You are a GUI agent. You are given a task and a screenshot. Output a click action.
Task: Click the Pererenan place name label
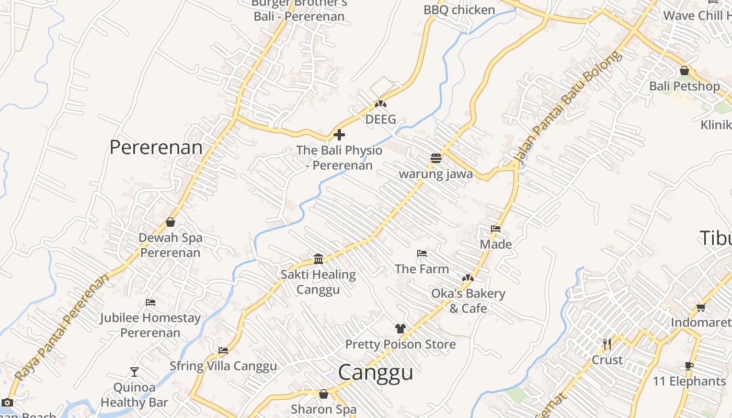[x=156, y=148]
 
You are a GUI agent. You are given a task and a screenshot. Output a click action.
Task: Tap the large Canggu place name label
[x=375, y=373]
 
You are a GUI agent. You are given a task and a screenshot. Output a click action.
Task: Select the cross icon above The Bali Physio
[x=339, y=135]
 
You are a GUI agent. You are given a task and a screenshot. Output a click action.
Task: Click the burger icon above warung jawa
[x=436, y=158]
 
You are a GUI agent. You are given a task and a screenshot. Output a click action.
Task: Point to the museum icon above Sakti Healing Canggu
[x=318, y=259]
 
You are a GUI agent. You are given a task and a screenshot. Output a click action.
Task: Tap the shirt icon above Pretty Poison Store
[x=401, y=329]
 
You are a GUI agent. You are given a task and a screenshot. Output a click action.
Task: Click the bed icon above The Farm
[x=422, y=253]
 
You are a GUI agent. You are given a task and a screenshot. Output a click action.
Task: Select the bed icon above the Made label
[x=496, y=229]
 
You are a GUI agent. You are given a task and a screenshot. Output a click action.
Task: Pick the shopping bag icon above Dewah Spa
[x=170, y=222]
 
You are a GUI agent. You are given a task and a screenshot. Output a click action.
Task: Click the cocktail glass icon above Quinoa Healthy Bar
[x=134, y=372]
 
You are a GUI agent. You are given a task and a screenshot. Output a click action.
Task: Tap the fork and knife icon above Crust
[x=607, y=344]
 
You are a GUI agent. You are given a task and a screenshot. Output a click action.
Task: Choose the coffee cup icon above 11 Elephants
[x=689, y=366]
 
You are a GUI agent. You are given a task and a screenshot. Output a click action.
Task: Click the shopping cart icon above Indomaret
[x=701, y=307]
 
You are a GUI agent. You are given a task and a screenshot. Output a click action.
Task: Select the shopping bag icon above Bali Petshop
[x=684, y=71]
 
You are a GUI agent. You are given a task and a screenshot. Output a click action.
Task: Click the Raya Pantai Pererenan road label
[x=62, y=327]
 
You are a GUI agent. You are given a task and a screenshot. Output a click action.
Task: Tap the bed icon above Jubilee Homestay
[x=151, y=303]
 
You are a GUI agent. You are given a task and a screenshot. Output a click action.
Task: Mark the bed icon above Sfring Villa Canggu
[x=223, y=351]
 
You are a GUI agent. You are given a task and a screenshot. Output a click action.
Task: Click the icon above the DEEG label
[x=381, y=104]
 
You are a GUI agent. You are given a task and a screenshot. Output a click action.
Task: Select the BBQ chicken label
[x=459, y=10]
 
